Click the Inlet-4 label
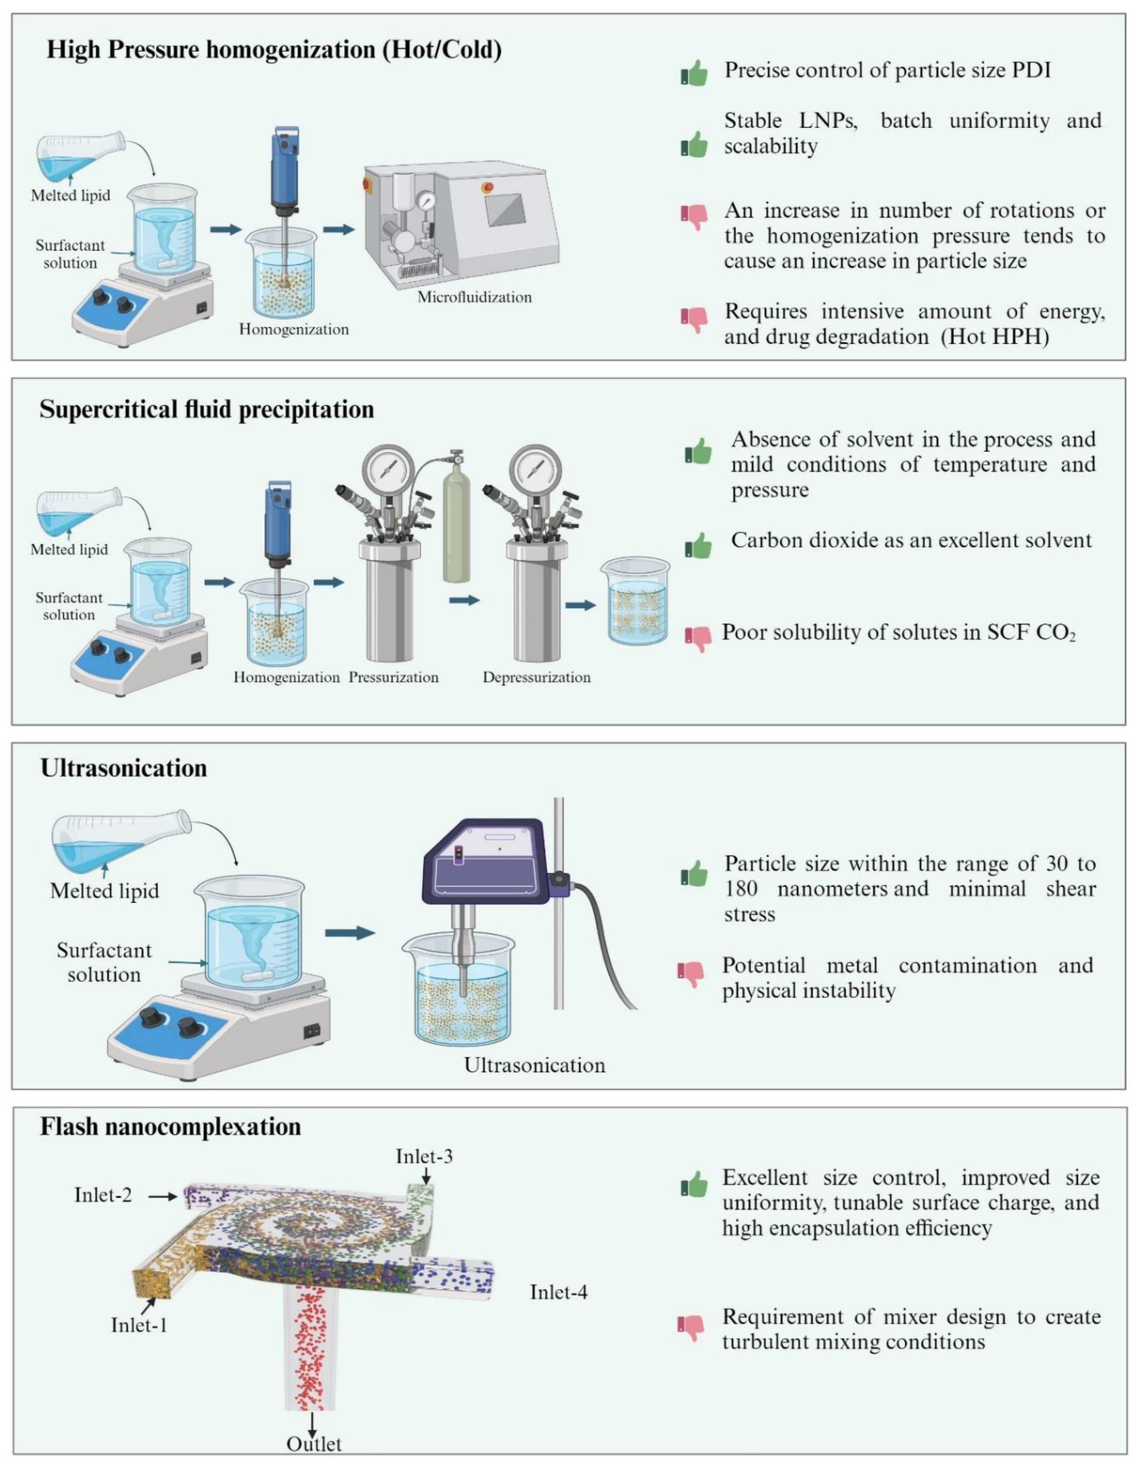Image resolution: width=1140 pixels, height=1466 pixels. click(559, 1292)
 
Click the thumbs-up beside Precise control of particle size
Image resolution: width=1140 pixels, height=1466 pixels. click(694, 73)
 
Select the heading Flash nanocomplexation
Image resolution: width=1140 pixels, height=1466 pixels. click(171, 1126)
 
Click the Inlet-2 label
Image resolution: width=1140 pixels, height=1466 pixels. click(103, 1195)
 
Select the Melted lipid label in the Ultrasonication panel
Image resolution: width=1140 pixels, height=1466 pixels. click(105, 891)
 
